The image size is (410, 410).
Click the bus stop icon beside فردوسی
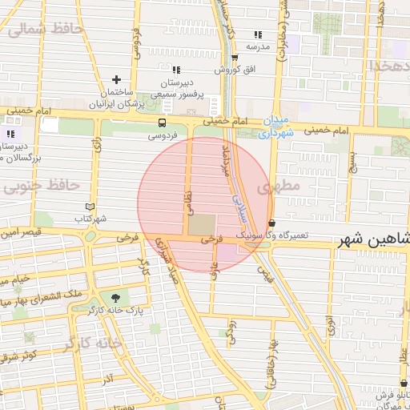163,123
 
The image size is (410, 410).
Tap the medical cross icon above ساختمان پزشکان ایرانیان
117,79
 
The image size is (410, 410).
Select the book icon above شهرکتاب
89,206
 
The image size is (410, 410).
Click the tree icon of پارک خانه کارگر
118,298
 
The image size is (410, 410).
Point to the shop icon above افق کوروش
234,58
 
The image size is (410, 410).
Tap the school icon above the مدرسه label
258,34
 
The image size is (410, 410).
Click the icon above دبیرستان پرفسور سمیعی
176,70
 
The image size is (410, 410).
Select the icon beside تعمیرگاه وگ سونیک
272,223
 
